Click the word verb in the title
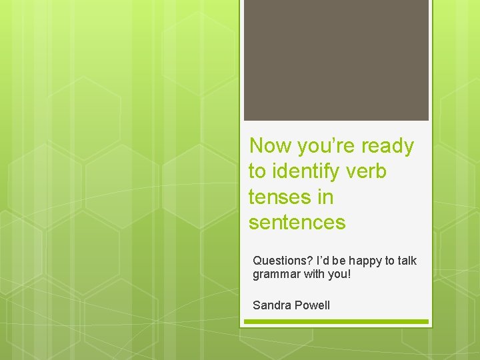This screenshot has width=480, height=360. click(x=369, y=171)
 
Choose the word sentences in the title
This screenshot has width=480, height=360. click(x=297, y=223)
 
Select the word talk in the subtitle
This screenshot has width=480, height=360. click(x=406, y=261)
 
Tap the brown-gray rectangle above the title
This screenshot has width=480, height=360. click(x=336, y=60)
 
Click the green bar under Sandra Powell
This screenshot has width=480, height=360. click(x=336, y=322)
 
